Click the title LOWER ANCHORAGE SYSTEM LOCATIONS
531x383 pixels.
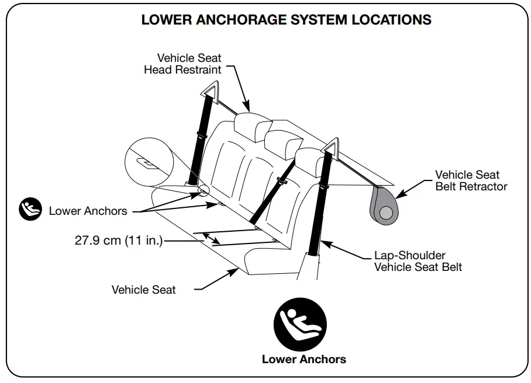pos(286,20)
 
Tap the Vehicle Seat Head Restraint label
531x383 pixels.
pos(182,64)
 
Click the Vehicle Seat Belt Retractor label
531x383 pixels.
pos(471,180)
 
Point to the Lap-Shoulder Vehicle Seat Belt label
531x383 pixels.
pos(418,262)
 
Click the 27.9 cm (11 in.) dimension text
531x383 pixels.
pos(119,241)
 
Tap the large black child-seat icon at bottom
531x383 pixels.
pos(301,324)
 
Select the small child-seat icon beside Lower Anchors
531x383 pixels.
pos(30,210)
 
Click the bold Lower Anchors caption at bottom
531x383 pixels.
pos(304,359)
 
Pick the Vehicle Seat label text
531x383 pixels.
pos(143,290)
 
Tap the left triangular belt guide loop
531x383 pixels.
pos(209,91)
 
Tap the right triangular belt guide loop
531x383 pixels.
pos(331,145)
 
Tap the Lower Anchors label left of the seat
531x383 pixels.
pos(88,211)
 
